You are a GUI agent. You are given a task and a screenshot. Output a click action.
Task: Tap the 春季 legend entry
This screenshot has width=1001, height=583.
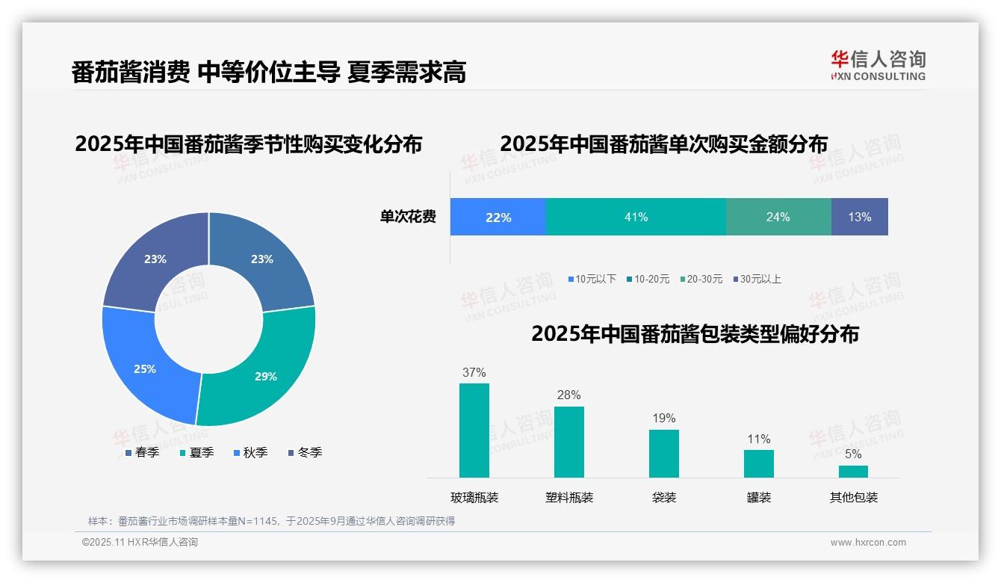(x=142, y=452)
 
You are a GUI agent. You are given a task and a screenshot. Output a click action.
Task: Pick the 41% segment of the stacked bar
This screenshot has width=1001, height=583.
(x=636, y=217)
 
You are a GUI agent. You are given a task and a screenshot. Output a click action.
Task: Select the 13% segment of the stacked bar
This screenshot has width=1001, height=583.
(x=859, y=217)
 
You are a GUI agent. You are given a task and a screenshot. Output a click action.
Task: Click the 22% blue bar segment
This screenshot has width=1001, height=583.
(x=498, y=217)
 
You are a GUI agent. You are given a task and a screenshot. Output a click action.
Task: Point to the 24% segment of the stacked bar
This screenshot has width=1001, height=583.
(x=778, y=217)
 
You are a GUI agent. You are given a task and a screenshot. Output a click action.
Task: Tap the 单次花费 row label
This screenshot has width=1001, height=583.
(x=408, y=218)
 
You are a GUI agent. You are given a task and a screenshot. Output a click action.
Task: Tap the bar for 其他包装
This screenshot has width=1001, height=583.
(x=853, y=472)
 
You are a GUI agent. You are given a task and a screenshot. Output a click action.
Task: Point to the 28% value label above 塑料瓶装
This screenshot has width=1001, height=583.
(x=569, y=395)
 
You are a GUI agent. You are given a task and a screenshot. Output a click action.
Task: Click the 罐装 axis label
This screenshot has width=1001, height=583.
(x=759, y=497)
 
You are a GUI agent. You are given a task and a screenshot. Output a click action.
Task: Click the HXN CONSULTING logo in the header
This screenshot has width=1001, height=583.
(x=878, y=66)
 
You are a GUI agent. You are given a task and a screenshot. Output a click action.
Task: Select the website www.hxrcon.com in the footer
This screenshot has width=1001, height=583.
(x=868, y=543)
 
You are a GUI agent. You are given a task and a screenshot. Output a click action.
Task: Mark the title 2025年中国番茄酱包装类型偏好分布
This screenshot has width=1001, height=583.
(x=695, y=334)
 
